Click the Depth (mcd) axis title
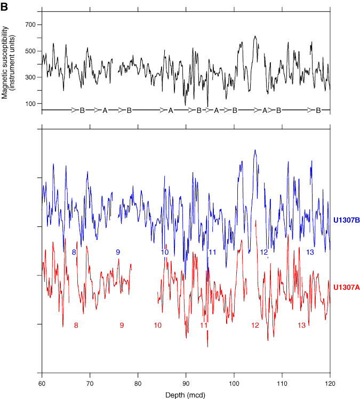coord(186,394)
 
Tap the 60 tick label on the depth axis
coord(42,382)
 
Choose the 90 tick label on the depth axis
coord(186,382)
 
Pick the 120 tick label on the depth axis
coord(330,382)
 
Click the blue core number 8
coord(74,251)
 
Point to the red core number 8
coord(76,325)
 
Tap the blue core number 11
coord(212,251)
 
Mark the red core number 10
coord(157,325)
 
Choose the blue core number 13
coord(310,251)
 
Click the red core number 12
coord(255,325)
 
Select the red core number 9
coord(122,325)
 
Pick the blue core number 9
coord(118,251)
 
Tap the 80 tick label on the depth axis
coord(138,382)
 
